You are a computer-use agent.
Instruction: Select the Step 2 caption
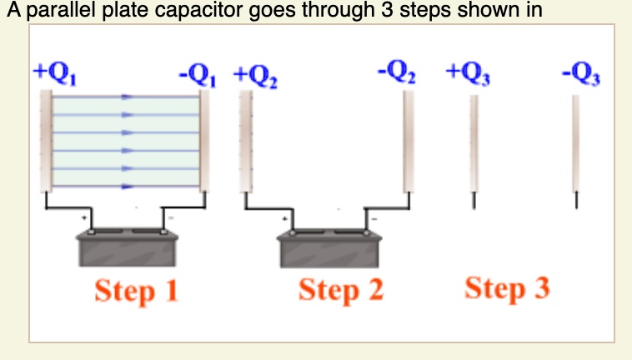pyautogui.click(x=341, y=291)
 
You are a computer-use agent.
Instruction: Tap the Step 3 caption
pyautogui.click(x=507, y=289)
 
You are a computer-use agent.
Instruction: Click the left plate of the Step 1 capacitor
pyautogui.click(x=46, y=140)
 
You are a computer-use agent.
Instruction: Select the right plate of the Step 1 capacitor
pyautogui.click(x=205, y=140)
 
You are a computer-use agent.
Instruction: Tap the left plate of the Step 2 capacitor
pyautogui.click(x=246, y=142)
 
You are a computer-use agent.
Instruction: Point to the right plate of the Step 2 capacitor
pyautogui.click(x=408, y=142)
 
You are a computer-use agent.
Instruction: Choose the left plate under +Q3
pyautogui.click(x=474, y=143)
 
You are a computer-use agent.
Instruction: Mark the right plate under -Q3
pyautogui.click(x=575, y=143)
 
